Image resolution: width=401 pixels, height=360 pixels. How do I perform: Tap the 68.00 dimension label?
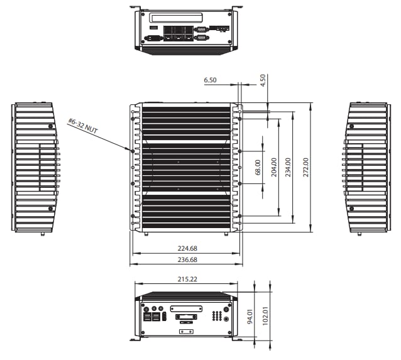point(257,167)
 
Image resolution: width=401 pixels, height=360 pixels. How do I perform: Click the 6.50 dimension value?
point(210,80)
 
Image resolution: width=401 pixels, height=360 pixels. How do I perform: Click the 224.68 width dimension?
point(187,249)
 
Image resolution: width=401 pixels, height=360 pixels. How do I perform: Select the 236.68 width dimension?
point(187,259)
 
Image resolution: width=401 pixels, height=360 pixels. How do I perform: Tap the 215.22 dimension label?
point(187,279)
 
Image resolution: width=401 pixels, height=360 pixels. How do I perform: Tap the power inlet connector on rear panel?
point(152,38)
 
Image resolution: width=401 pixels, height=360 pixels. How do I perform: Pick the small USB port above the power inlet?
point(151,28)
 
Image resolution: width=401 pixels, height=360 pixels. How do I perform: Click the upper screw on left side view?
point(50,126)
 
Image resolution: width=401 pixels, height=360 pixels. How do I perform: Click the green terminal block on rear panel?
point(221,29)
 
